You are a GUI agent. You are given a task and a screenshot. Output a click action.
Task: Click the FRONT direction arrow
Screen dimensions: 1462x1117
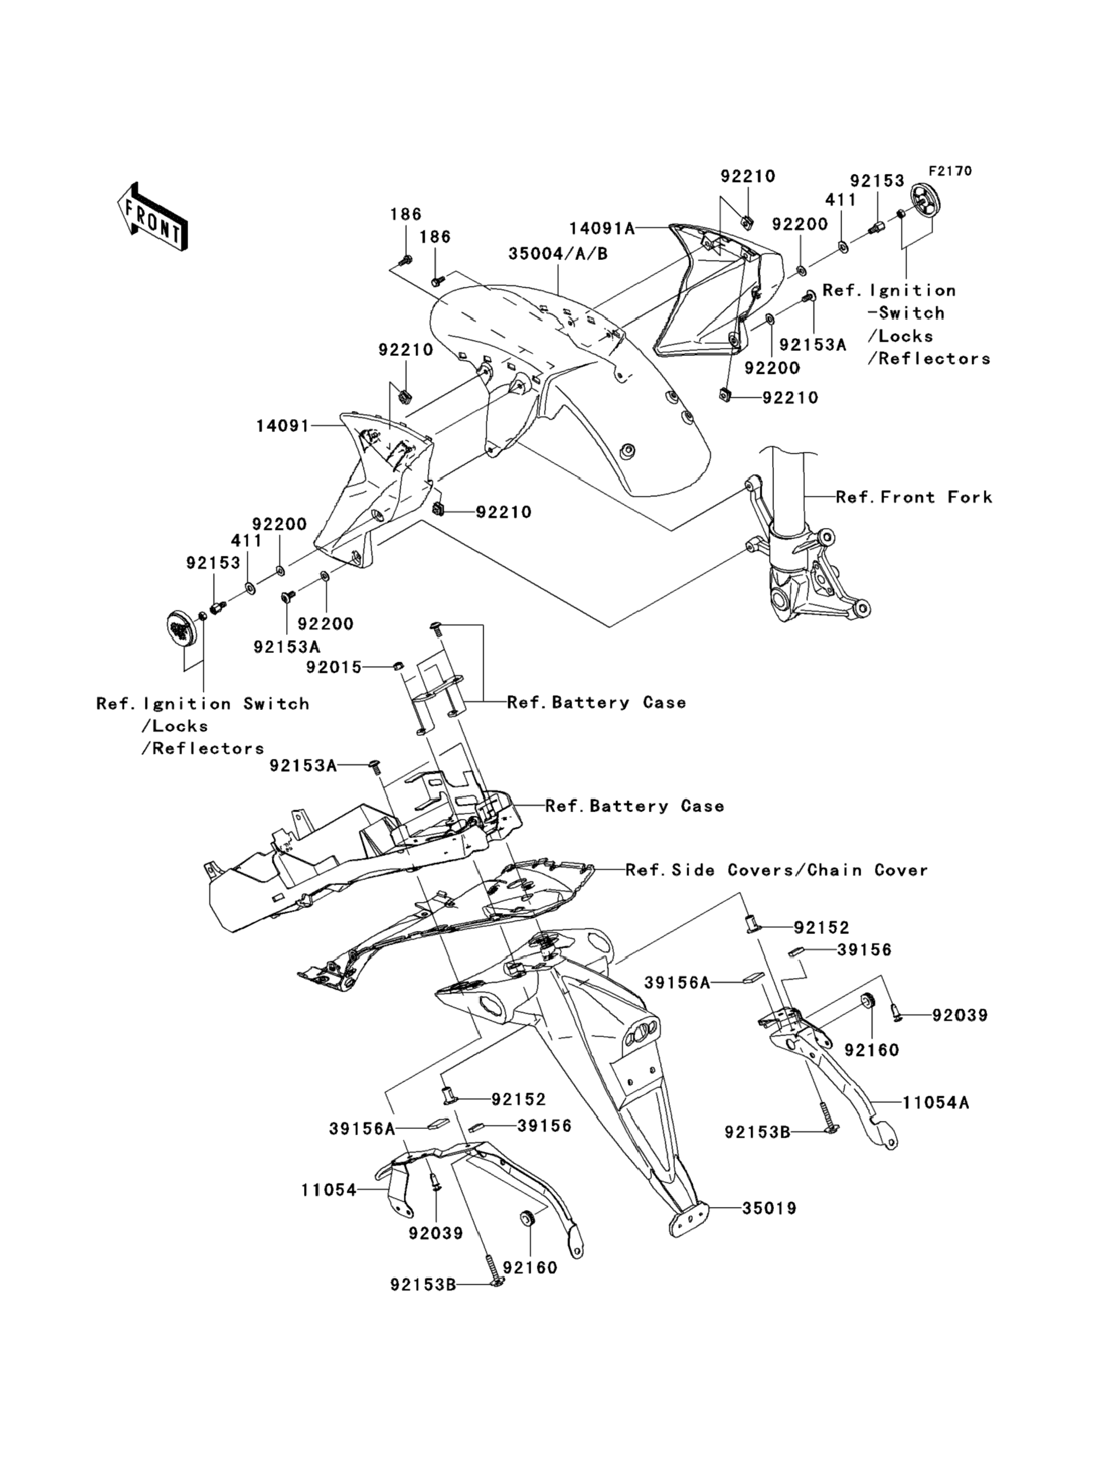point(152,217)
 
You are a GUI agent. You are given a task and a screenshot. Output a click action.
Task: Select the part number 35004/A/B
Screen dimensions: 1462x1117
point(558,254)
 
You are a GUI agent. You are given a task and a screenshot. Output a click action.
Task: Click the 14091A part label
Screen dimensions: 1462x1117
point(602,228)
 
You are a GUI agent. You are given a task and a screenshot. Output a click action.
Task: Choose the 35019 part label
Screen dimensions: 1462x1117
point(769,1208)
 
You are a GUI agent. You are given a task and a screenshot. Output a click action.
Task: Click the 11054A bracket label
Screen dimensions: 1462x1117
point(936,1102)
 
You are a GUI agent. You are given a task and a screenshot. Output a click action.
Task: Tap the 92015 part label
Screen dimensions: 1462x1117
point(334,667)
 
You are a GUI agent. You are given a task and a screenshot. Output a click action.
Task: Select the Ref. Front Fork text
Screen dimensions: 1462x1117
point(913,497)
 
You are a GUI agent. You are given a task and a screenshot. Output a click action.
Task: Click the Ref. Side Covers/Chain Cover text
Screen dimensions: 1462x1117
point(776,870)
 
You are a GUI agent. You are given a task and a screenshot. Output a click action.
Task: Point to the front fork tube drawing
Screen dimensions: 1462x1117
point(788,491)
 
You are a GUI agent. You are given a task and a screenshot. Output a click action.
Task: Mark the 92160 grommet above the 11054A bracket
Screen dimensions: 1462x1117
point(867,1001)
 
